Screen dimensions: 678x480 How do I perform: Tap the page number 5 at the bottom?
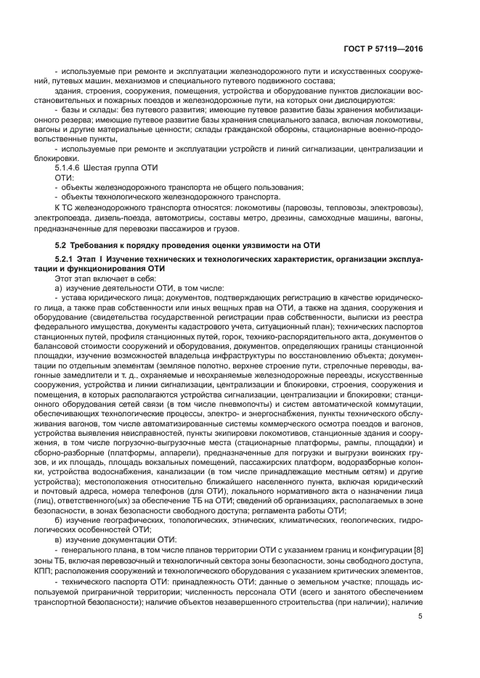pyautogui.click(x=420, y=616)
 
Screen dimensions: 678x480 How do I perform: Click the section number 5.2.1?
pyautogui.click(x=66, y=259)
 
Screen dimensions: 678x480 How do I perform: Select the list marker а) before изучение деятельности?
pyautogui.click(x=59, y=287)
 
